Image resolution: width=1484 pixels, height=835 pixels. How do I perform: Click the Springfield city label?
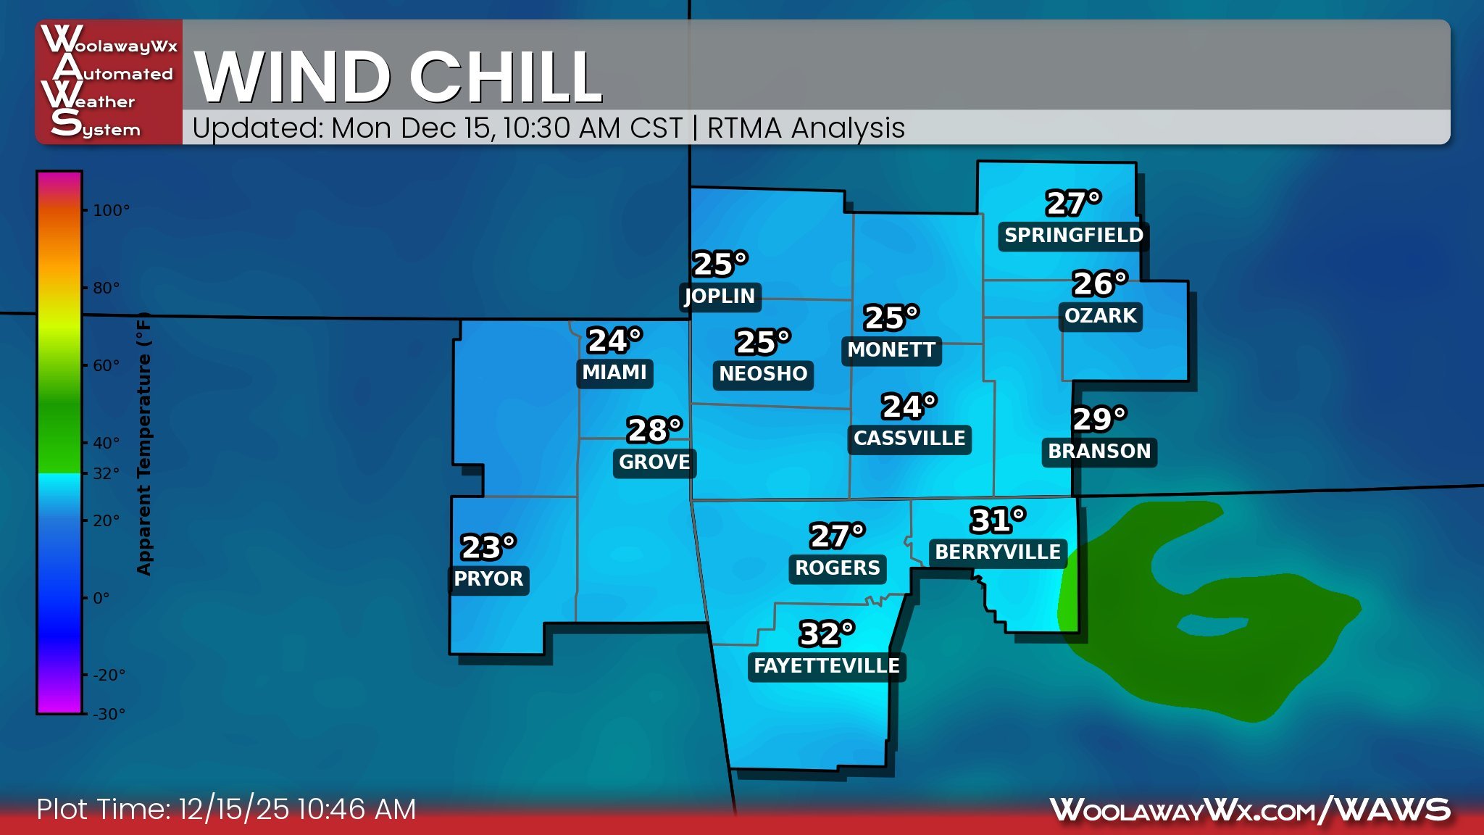(1073, 236)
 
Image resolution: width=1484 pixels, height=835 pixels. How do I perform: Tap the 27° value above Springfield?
(1073, 203)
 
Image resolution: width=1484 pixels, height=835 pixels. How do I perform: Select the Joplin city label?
(720, 296)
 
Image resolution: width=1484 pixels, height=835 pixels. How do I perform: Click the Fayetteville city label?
(826, 665)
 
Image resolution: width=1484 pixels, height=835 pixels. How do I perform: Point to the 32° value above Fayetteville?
(826, 633)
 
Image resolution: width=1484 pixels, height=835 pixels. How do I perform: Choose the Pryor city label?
(488, 578)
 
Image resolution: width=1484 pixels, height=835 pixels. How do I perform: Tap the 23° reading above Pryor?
(488, 547)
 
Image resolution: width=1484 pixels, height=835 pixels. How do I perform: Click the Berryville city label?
(997, 552)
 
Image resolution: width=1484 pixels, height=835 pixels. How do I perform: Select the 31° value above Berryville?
(997, 520)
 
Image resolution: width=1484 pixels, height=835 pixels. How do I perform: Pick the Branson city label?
(1099, 451)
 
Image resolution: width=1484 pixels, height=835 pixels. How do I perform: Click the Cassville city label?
(909, 439)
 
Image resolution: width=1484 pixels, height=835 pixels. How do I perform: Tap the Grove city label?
(654, 462)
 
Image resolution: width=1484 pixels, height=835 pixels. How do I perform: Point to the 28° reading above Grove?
(654, 430)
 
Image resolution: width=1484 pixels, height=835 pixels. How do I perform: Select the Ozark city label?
(1100, 315)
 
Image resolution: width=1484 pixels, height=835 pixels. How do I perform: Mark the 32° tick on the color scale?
(106, 473)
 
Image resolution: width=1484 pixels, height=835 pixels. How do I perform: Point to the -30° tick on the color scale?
(109, 714)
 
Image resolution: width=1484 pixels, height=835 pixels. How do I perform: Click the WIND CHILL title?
(399, 77)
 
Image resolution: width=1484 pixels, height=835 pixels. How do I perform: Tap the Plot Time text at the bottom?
(226, 809)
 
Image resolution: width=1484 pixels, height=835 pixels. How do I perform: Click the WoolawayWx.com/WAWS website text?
(1250, 810)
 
